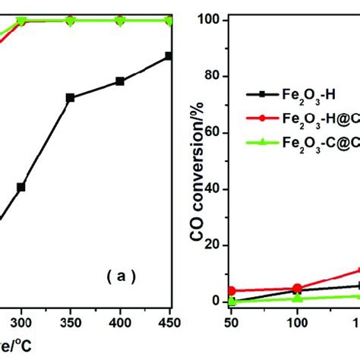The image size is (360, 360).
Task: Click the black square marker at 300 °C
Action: click(x=21, y=187)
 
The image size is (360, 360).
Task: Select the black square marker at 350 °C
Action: click(x=70, y=98)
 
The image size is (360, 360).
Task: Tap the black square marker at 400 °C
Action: click(x=119, y=81)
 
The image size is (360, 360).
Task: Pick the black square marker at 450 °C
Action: click(x=169, y=55)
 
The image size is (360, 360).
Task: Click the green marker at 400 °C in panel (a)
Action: click(x=119, y=20)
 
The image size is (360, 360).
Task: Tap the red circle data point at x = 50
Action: click(x=231, y=291)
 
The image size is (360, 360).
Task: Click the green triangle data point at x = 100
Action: click(x=296, y=298)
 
